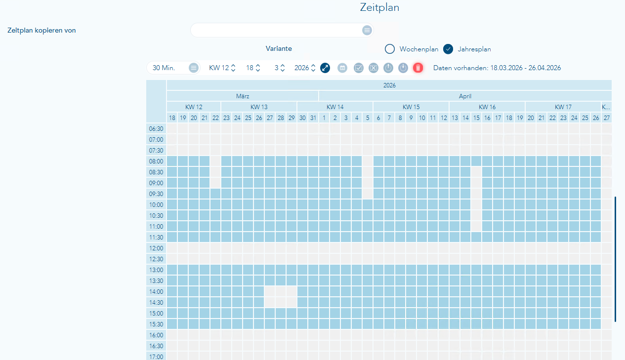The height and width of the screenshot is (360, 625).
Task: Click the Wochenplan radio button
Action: tap(390, 49)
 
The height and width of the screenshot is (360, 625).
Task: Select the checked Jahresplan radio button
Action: tap(448, 49)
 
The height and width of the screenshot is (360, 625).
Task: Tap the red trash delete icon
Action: tap(418, 68)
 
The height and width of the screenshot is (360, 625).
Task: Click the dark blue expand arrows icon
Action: tap(325, 68)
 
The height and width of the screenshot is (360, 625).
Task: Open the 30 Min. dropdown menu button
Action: tap(194, 68)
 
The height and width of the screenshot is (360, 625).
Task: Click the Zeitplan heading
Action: tap(380, 7)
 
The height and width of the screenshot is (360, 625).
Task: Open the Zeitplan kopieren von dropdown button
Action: tap(367, 30)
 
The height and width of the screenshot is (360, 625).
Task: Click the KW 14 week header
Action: tap(335, 107)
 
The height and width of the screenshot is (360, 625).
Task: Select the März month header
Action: tap(243, 96)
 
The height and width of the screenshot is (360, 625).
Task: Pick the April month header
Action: tap(465, 96)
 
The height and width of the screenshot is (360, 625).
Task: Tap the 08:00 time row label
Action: tap(156, 161)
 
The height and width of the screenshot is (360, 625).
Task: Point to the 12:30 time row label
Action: tap(156, 259)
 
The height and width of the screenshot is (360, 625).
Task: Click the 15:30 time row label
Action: tap(156, 324)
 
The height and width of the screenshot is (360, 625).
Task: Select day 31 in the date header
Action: tap(313, 118)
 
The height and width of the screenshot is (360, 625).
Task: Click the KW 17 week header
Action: tap(563, 107)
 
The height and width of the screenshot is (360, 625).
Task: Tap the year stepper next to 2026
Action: tap(313, 68)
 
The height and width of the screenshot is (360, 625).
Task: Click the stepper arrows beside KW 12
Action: tap(233, 68)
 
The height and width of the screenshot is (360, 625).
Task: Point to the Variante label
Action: tap(279, 49)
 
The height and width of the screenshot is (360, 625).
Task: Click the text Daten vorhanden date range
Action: tap(497, 68)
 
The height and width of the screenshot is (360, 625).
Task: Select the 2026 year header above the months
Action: tap(389, 85)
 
